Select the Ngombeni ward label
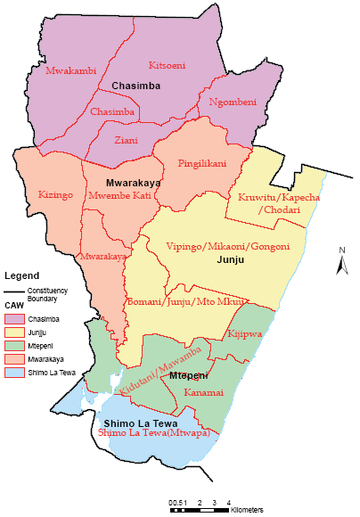pos(233,103)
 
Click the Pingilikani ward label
pos(202,165)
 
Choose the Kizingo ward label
pos(55,193)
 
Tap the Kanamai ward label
pos(203,392)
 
